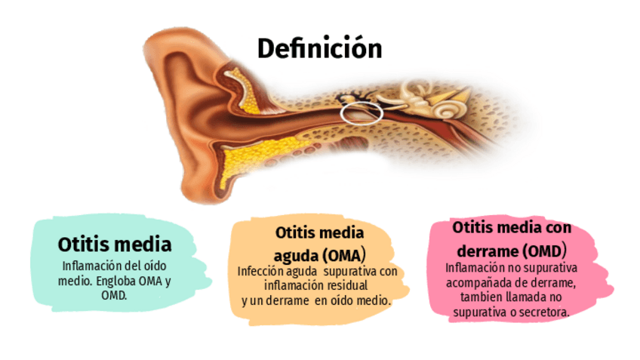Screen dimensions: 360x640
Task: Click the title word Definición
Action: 319,48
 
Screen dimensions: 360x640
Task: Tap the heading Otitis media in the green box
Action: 115,245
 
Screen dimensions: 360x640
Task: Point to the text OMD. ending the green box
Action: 114,294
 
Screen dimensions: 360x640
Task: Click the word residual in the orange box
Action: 346,286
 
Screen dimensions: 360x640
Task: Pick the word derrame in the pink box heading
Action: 486,249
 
